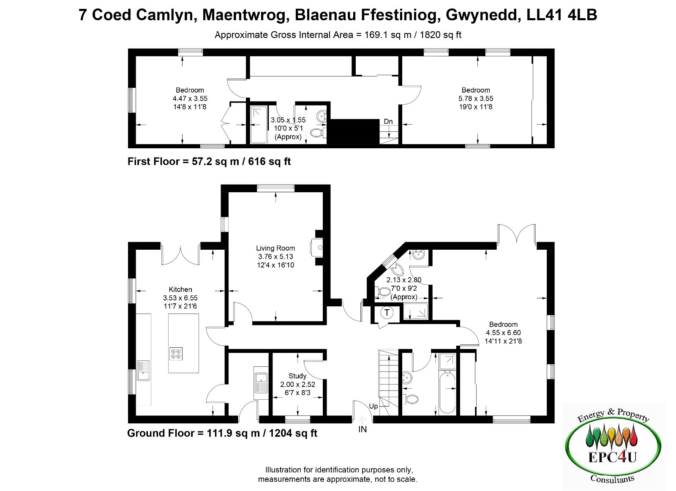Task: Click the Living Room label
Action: (275, 248)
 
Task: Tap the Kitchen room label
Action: (180, 289)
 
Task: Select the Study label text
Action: (297, 376)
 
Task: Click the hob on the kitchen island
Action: (176, 354)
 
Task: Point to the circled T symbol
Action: (387, 312)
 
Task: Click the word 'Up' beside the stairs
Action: (373, 406)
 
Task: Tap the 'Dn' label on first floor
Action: (388, 121)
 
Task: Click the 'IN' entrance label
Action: (363, 429)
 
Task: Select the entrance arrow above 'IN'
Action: (363, 420)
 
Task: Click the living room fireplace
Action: (316, 248)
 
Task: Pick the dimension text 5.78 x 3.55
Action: (476, 98)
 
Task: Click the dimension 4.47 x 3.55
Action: (190, 98)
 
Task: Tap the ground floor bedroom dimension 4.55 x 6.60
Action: (503, 333)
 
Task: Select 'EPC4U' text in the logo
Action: (612, 457)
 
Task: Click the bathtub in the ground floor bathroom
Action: (447, 393)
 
